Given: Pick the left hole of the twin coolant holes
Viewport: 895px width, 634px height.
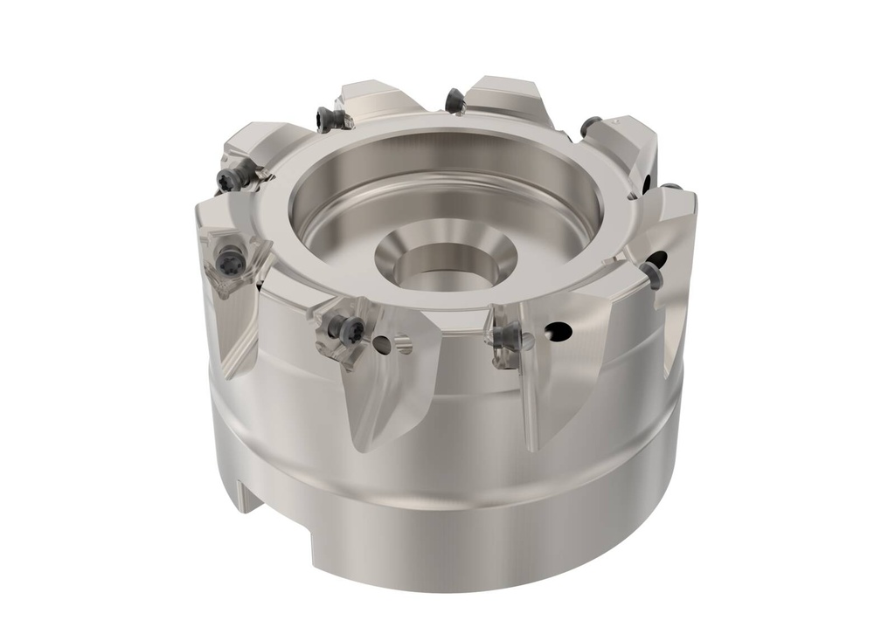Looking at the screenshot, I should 381,346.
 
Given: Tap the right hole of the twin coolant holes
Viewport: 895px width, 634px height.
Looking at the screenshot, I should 403,346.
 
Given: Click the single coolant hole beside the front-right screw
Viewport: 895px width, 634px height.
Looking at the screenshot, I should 559,332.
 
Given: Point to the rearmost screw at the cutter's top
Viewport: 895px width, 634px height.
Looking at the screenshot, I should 454,101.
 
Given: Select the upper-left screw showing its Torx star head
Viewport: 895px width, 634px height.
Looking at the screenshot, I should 228,180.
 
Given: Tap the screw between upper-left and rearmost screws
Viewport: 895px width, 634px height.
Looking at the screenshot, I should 328,118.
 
